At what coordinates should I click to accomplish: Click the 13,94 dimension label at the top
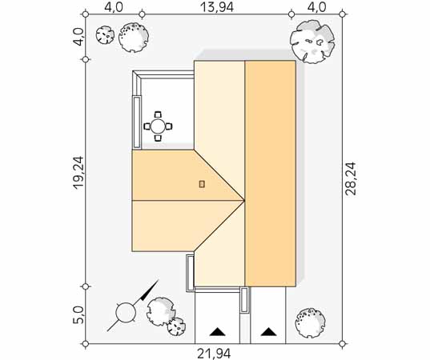(x=217, y=7)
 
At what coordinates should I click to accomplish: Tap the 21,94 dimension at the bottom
(x=214, y=354)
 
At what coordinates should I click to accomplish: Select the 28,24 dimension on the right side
(x=351, y=178)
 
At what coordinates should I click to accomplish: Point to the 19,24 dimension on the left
(x=78, y=172)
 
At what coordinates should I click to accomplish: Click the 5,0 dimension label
(x=78, y=314)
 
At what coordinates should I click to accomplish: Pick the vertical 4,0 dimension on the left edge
(x=78, y=37)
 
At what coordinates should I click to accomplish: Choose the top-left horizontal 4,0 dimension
(x=114, y=7)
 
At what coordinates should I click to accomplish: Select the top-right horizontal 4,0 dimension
(x=317, y=7)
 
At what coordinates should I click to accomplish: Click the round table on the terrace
(x=159, y=126)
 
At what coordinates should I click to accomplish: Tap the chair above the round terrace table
(x=158, y=114)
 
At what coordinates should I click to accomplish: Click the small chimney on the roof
(x=202, y=184)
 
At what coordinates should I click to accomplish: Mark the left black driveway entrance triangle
(x=218, y=331)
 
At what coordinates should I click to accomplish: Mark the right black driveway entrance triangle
(x=269, y=331)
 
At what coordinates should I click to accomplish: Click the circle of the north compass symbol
(x=126, y=313)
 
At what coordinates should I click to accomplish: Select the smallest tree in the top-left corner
(x=105, y=34)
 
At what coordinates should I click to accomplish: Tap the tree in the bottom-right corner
(x=311, y=323)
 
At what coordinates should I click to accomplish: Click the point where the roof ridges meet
(x=244, y=201)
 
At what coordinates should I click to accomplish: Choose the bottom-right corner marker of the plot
(x=342, y=343)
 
